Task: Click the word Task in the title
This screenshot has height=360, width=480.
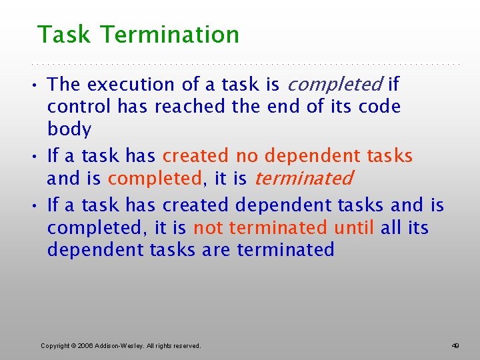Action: tap(63, 35)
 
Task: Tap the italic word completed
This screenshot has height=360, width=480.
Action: tap(334, 85)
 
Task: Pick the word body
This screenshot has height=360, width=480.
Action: tap(69, 129)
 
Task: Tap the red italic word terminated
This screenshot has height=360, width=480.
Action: tap(303, 179)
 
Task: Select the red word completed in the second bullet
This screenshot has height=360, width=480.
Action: tap(155, 179)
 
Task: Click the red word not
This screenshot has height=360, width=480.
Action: tap(207, 228)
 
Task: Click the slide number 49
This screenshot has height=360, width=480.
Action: tap(455, 345)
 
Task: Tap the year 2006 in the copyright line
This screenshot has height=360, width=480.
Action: tap(85, 345)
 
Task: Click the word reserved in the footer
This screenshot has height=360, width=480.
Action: tap(187, 345)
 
